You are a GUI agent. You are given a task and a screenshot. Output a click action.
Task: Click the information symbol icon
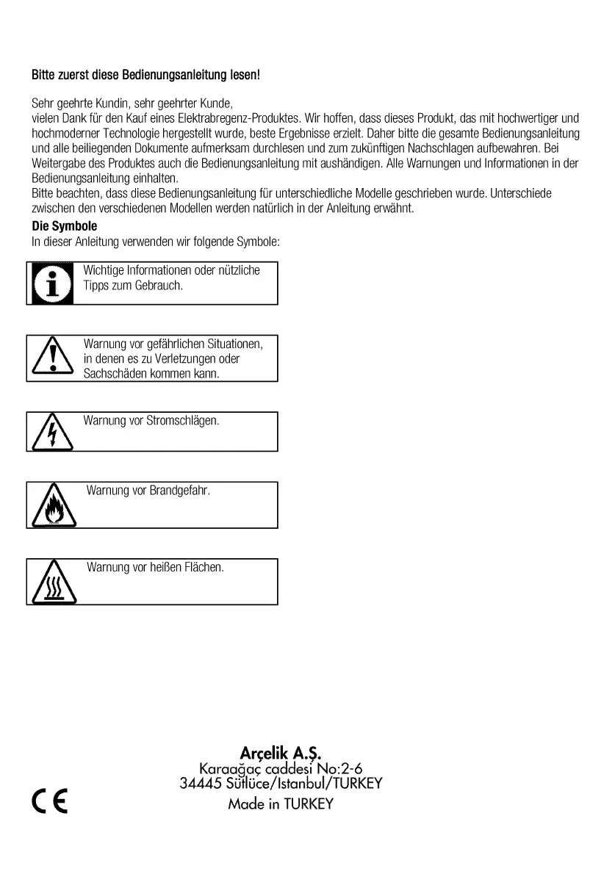(x=51, y=283)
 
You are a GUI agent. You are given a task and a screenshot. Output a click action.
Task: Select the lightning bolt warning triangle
(x=51, y=433)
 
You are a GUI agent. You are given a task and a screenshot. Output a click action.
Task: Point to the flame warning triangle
(x=51, y=506)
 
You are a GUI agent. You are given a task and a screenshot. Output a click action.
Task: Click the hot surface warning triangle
(x=51, y=582)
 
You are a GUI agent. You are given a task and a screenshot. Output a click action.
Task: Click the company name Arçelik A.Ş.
(x=281, y=753)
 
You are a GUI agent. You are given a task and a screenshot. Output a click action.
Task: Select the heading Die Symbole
(x=65, y=226)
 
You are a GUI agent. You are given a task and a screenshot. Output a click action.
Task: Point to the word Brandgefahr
(x=180, y=491)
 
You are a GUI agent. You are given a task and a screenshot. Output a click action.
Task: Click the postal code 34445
(x=199, y=783)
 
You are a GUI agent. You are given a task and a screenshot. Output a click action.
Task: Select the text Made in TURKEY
(x=281, y=803)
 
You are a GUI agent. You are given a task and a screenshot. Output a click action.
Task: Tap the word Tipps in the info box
(x=96, y=285)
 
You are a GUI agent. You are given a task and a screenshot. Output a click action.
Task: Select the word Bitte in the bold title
(x=43, y=75)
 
